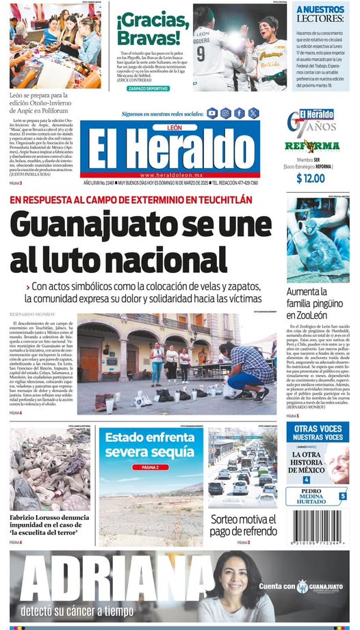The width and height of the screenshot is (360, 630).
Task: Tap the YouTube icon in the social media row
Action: pyautogui.click(x=212, y=113)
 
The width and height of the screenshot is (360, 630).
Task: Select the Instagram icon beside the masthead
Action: pyautogui.click(x=225, y=113)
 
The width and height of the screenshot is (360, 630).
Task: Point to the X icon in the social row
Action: pyautogui.click(x=253, y=113)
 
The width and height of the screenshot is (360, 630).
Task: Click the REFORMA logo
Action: pyautogui.click(x=312, y=146)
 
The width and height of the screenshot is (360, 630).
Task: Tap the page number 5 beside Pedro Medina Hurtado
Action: pyautogui.click(x=342, y=496)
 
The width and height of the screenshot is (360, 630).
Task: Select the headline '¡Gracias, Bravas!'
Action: pyautogui.click(x=149, y=29)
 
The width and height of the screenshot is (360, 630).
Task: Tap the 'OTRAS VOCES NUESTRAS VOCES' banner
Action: pyautogui.click(x=318, y=432)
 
